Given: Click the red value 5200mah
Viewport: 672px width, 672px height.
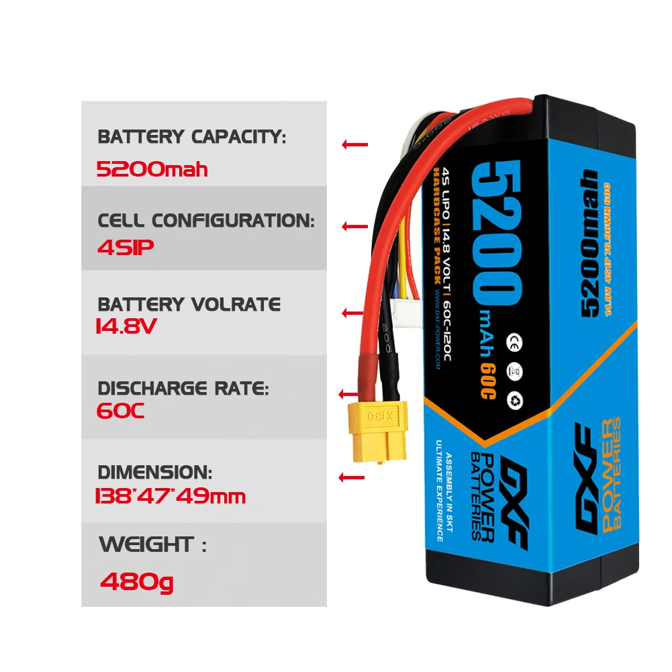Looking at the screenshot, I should [152, 169].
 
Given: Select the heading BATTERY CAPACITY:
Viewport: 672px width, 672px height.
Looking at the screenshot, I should [191, 137].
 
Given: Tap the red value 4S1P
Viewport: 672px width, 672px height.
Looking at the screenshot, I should [126, 247].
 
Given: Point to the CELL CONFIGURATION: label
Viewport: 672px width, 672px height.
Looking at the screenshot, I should [205, 220].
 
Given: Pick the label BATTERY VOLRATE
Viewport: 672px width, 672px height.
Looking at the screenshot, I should [189, 304].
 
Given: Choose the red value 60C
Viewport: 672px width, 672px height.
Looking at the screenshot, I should [121, 411].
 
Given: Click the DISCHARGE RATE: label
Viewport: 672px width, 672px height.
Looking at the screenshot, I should [183, 388].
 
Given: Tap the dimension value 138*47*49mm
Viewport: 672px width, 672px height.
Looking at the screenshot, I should [171, 497].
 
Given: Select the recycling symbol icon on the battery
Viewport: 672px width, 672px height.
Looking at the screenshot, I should [518, 401].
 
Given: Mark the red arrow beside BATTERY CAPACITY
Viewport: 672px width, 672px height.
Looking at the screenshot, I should [354, 144].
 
